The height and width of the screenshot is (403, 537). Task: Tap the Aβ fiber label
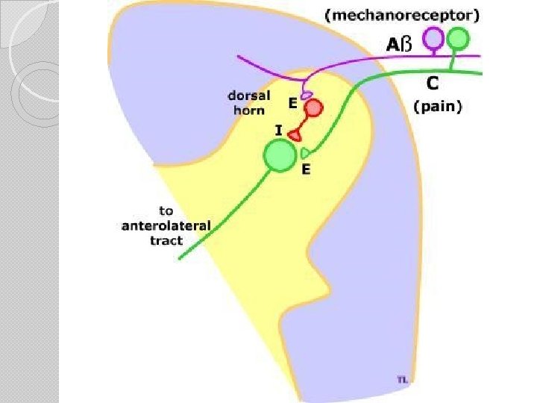pyautogui.click(x=398, y=45)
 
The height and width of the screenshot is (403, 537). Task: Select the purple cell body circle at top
pyautogui.click(x=433, y=37)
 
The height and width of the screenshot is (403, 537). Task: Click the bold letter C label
pyautogui.click(x=431, y=82)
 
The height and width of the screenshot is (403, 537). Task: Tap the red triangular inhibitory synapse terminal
pyautogui.click(x=295, y=135)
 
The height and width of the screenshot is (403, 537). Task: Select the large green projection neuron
pyautogui.click(x=280, y=156)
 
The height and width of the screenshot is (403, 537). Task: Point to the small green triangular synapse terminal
pyautogui.click(x=305, y=153)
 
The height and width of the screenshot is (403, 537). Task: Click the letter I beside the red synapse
pyautogui.click(x=278, y=131)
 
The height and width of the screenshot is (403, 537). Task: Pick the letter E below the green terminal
pyautogui.click(x=306, y=169)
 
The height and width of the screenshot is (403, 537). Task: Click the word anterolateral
pyautogui.click(x=166, y=225)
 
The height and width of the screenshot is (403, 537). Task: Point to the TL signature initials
pyautogui.click(x=402, y=380)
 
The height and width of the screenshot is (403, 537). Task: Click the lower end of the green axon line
pyautogui.click(x=180, y=258)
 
